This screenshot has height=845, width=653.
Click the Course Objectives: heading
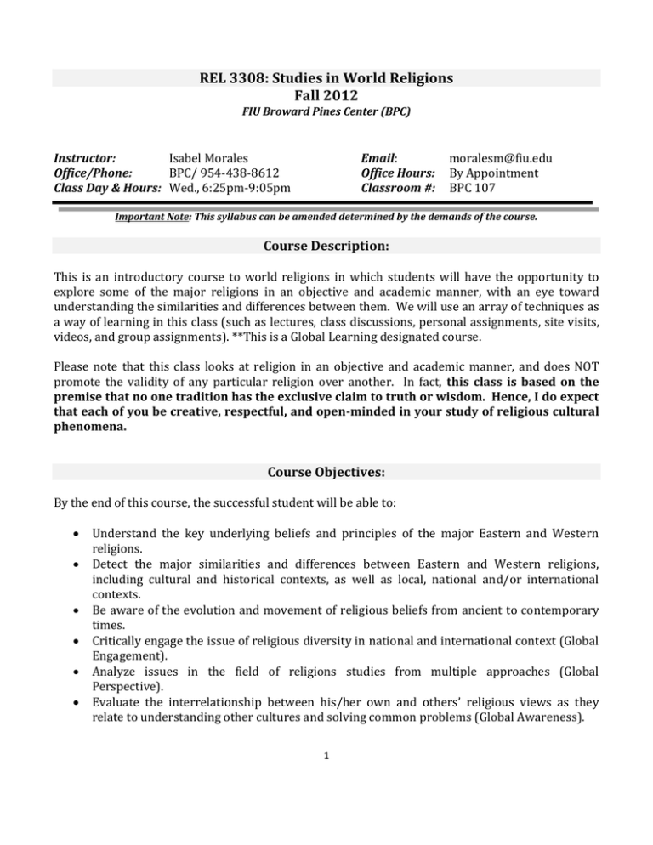pos(326,471)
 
